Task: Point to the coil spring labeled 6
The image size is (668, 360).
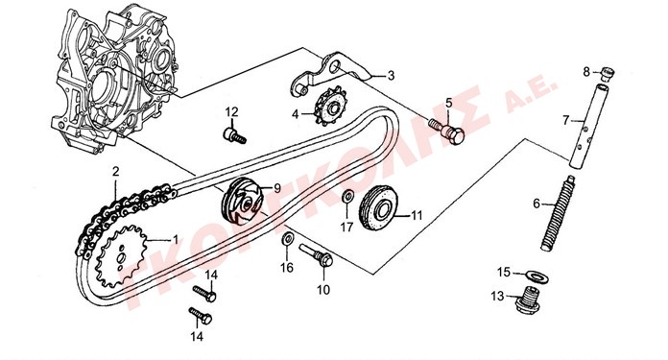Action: click(558, 213)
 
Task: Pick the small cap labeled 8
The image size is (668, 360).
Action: click(608, 74)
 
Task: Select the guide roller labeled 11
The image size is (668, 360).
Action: click(379, 207)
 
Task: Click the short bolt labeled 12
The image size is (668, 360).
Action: click(234, 134)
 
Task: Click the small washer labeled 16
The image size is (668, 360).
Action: click(287, 239)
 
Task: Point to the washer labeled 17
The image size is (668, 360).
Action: click(347, 197)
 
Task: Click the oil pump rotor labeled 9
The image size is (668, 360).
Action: click(241, 201)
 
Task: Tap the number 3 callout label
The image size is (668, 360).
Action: click(391, 76)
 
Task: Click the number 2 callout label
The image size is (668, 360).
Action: click(115, 172)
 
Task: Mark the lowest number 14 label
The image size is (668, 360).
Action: click(197, 337)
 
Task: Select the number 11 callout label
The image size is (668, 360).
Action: click(417, 216)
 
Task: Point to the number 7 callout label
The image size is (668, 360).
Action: click(565, 121)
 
